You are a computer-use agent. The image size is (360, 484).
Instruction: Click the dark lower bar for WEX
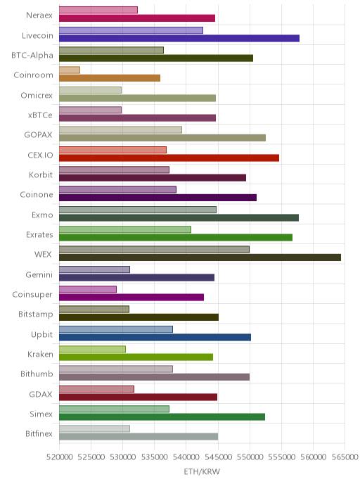coord(200,257)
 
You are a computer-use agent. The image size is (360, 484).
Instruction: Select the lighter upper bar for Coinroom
coord(70,70)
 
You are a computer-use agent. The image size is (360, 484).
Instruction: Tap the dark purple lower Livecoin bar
coord(179,38)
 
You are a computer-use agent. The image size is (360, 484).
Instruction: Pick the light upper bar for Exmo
coord(138,210)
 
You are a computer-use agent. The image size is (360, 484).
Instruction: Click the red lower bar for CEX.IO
coord(169,158)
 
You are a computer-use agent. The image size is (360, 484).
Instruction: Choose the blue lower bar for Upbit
coord(155,337)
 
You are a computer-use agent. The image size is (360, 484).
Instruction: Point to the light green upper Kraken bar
coord(92,349)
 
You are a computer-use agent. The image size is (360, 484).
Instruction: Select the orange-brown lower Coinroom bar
coord(110,78)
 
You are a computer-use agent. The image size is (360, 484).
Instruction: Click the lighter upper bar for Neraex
coord(98,10)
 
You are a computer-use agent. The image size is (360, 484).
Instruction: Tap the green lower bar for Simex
coord(162,417)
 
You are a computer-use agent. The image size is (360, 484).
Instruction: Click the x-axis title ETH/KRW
coord(202,471)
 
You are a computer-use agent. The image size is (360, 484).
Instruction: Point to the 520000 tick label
coord(60,457)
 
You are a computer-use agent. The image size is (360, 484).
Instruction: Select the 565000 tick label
coord(345,457)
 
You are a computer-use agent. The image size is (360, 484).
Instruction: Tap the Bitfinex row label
coord(39,433)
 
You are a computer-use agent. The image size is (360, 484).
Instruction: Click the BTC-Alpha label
coord(32,56)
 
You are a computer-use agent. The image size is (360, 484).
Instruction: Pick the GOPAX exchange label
coord(38,135)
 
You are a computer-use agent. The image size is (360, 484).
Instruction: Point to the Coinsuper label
coord(32,295)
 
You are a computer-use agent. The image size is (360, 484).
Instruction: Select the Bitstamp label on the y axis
coord(35,314)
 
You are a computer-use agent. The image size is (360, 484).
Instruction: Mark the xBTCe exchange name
coord(40,115)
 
